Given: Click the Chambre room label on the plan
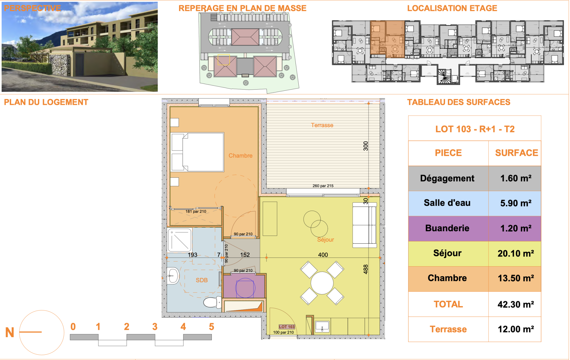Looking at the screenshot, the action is [240, 156].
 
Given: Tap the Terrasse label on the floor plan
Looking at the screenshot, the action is [322, 125].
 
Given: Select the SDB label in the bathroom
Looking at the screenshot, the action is [202, 280].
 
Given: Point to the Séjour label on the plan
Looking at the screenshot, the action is [325, 240].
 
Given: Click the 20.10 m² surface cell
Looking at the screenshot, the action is [516, 253].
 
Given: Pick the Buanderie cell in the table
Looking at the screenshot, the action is [447, 228].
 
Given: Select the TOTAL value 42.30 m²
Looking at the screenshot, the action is [516, 304].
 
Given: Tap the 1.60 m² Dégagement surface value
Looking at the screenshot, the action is [516, 178].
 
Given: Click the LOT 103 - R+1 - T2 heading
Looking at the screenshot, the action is [475, 129].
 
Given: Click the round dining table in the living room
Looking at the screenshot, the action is [322, 283].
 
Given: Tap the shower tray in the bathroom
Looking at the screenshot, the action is [180, 240].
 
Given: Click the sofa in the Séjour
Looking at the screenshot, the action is [365, 225].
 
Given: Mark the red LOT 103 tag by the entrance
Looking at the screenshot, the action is [287, 327].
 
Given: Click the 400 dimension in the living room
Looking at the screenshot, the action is [323, 255].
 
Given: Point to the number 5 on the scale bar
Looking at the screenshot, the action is [212, 327].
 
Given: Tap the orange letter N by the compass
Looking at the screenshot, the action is [10, 332].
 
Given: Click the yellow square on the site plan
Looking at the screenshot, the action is [223, 60].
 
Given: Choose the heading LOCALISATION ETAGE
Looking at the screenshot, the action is [452, 8].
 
